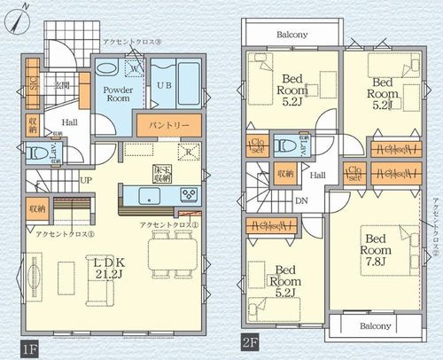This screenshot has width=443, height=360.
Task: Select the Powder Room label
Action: point(118,95)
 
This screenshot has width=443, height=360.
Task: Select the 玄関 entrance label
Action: point(63,85)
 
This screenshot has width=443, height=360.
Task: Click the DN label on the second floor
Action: point(300,200)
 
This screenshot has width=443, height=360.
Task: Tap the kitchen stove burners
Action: point(189,194)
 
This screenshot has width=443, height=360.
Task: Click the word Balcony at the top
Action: point(291,35)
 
